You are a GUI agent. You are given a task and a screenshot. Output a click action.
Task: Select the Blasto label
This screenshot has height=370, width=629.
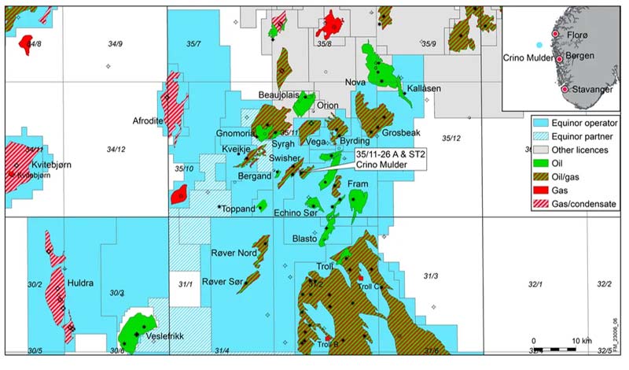tap(304, 239)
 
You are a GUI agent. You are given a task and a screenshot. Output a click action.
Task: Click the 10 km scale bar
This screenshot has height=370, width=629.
tap(557, 348)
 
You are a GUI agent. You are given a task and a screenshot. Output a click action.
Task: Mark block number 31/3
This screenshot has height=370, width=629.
tap(431, 276)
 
